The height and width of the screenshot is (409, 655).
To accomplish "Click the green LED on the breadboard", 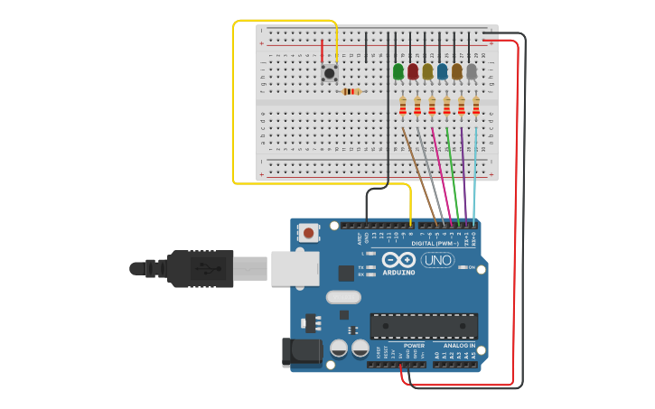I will pyautogui.click(x=398, y=71).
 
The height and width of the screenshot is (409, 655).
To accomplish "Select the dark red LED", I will pyautogui.click(x=413, y=71).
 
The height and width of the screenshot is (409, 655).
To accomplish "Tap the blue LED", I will pyautogui.click(x=442, y=71).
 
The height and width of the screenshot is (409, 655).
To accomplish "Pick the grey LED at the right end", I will pyautogui.click(x=472, y=71).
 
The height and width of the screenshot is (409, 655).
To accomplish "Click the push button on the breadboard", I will pyautogui.click(x=330, y=72).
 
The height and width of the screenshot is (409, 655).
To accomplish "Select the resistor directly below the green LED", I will pyautogui.click(x=403, y=106).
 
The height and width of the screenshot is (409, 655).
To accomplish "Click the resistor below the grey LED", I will pyautogui.click(x=476, y=106).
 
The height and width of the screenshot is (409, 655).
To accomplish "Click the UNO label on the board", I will pyautogui.click(x=437, y=261).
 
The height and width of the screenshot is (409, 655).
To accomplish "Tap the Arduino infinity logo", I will pyautogui.click(x=398, y=259).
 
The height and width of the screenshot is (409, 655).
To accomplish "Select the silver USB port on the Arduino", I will pyautogui.click(x=296, y=268).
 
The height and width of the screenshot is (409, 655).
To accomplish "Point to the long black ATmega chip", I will pyautogui.click(x=424, y=326).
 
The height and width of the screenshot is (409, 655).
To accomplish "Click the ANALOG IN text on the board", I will pyautogui.click(x=459, y=346).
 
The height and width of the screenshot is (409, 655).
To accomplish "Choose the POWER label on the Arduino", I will pyautogui.click(x=414, y=346).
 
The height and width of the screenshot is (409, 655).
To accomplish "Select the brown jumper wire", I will pyautogui.click(x=419, y=176).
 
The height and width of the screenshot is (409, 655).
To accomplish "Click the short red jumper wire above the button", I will pyautogui.click(x=323, y=51).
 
